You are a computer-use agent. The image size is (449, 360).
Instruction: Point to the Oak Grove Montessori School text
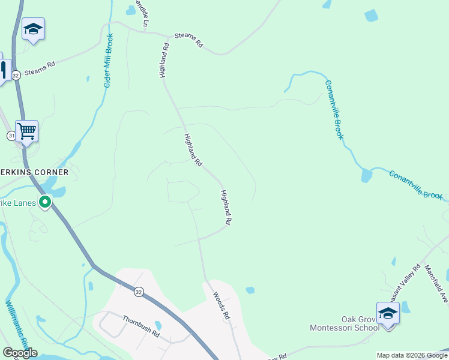(343, 323)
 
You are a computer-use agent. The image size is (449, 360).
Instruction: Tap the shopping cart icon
(26, 131)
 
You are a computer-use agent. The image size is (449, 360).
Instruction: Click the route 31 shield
(11, 136)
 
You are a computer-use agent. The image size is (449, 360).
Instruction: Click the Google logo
(20, 353)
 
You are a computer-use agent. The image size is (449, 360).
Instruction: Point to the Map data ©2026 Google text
(412, 355)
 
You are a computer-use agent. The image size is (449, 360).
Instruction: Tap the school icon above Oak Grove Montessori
(388, 314)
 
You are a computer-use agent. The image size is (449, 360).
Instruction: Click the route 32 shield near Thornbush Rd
(139, 292)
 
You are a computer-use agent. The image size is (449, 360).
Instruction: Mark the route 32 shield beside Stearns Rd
(16, 74)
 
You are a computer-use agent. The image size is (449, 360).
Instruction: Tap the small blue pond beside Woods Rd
(250, 290)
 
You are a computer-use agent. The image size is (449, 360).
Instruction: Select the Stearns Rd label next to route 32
(40, 67)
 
